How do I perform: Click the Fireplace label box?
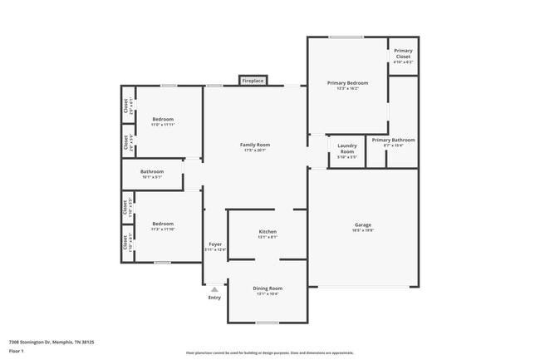coord(253,81)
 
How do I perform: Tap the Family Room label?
coord(256,145)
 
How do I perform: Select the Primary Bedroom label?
coord(347,83)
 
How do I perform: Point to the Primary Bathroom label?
coord(393,140)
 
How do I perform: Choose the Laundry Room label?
coord(347,150)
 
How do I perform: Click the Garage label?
coord(363,224)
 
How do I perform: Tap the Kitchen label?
coord(268,232)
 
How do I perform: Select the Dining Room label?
coord(268,288)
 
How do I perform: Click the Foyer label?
coord(215,244)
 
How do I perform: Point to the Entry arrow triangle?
coord(214,289)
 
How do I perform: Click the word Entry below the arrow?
coord(214,297)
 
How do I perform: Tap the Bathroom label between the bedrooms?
coord(152,171)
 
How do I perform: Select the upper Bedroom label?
coord(163,119)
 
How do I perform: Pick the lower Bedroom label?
coord(163,223)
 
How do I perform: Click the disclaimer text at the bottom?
coord(270,353)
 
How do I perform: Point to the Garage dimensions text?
coord(363,230)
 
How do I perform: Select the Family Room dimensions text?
coord(256,150)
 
